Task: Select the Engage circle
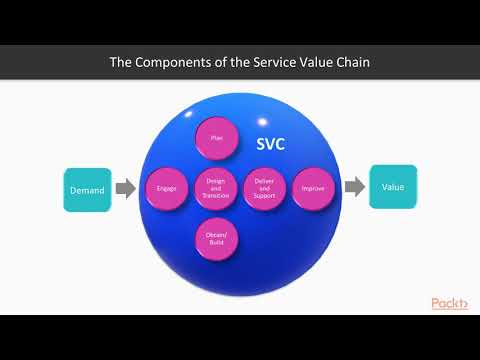(167, 187)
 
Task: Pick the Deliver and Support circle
(264, 187)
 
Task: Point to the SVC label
(269, 144)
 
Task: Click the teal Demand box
(87, 188)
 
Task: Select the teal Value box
(393, 186)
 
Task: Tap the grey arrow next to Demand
(125, 188)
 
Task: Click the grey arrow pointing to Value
(354, 187)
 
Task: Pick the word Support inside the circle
(264, 195)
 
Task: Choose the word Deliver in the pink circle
(264, 180)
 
